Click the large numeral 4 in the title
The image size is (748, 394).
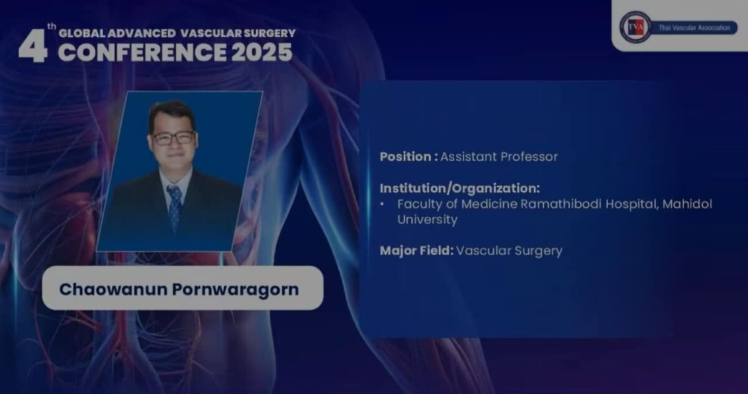point(32,45)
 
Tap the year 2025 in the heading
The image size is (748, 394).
point(261,52)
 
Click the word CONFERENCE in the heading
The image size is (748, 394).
point(142,52)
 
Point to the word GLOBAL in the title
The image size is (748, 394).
point(82,33)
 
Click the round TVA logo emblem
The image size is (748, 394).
point(635,27)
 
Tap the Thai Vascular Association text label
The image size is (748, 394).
point(694,27)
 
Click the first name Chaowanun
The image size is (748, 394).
point(113,289)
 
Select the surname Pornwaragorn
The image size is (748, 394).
point(236,290)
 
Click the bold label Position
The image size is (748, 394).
point(406,157)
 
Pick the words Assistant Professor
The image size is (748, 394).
point(499,157)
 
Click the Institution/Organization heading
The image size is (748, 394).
point(460,189)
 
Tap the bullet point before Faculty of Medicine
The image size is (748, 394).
point(382,204)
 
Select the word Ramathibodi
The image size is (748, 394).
point(561,204)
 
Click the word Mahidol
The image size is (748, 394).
point(687,204)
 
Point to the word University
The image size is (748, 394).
point(428,220)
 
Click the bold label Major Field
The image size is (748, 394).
point(417,250)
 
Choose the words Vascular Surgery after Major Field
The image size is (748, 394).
point(509,251)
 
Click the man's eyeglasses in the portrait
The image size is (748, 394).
point(173,138)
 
